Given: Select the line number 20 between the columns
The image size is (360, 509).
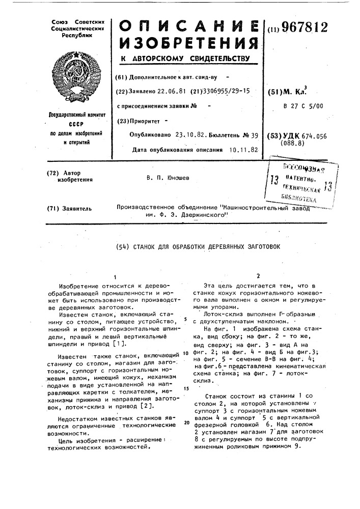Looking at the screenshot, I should (x=187, y=422).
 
